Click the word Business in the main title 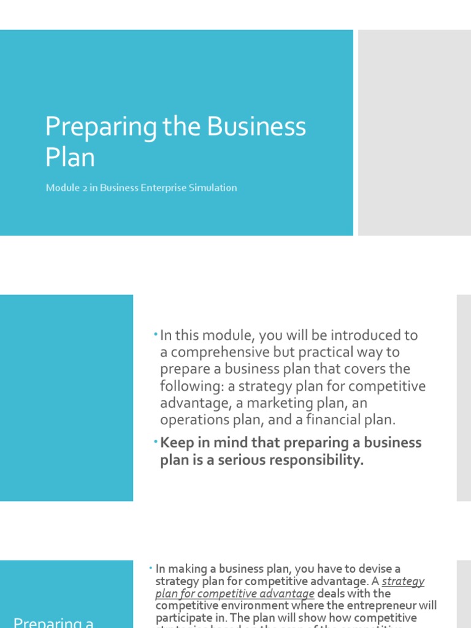coord(256,127)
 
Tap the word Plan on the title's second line coord(70,157)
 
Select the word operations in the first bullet coord(193,420)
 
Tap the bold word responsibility coord(315,460)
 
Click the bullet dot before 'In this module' coord(156,335)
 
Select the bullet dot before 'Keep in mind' coord(156,442)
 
